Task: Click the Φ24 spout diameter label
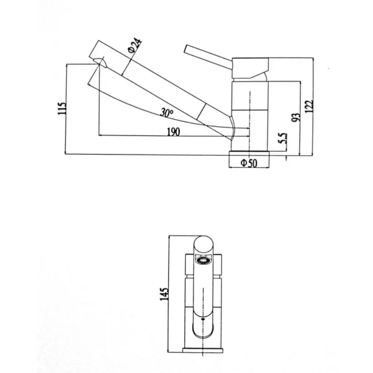click(135, 45)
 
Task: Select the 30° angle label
click(167, 112)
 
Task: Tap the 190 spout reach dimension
click(173, 132)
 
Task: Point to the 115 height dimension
click(62, 109)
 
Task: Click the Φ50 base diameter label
click(249, 163)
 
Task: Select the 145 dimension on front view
click(165, 293)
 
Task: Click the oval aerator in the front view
click(203, 261)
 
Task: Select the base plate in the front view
click(203, 350)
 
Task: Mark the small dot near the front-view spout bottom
click(203, 320)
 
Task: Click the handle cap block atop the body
click(250, 68)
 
